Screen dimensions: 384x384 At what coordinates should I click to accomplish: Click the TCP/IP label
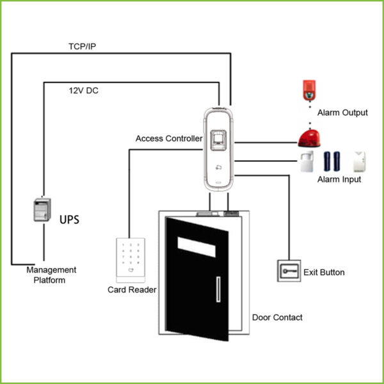(x=82, y=47)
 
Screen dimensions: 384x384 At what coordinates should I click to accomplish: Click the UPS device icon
(x=42, y=210)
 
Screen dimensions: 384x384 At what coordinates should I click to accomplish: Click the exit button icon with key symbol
(x=287, y=271)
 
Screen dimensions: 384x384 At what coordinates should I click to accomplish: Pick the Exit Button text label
(x=324, y=273)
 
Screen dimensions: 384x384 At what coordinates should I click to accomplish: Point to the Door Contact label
(x=277, y=317)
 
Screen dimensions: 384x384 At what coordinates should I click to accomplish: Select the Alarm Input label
(x=339, y=180)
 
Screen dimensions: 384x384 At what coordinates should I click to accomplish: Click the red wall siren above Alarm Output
(x=308, y=91)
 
